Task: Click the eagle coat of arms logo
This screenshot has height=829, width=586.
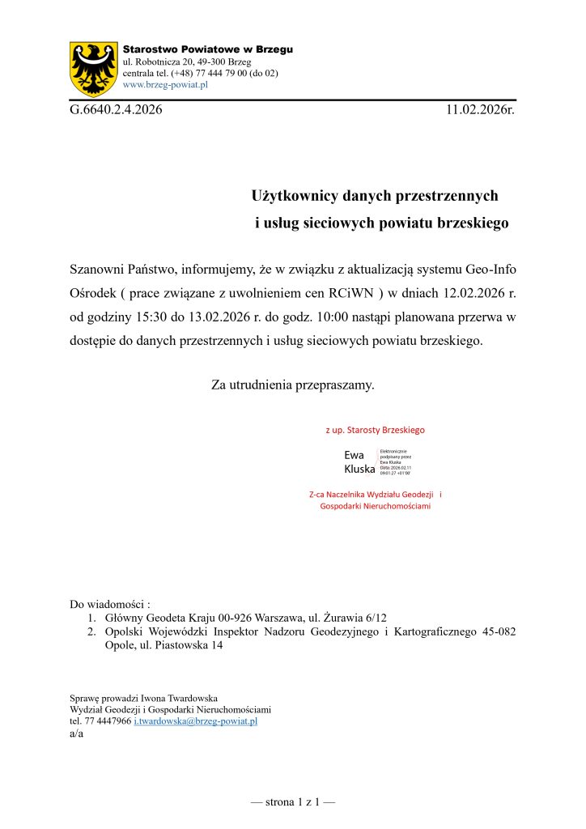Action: coord(95,68)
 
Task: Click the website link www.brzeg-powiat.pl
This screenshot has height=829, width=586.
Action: coord(165,84)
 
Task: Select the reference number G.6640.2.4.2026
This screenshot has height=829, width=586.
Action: coord(116,110)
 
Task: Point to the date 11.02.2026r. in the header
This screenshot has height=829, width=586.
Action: coord(480,110)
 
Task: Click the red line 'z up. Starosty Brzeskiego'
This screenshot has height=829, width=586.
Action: coord(375,430)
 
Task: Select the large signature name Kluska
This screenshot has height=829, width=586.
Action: coord(359,469)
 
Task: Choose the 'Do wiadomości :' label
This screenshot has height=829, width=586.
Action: coord(110,605)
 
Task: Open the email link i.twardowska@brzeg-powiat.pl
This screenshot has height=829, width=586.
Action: coord(195,721)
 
